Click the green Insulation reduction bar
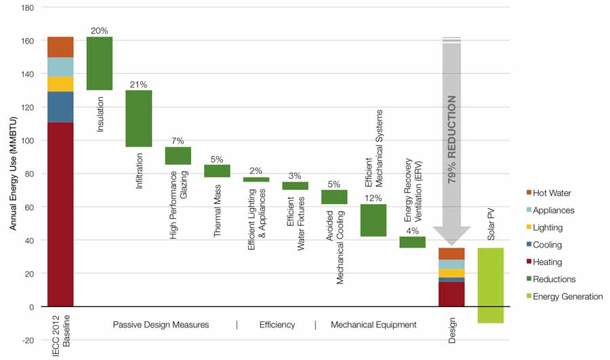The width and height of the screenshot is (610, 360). click(100, 63)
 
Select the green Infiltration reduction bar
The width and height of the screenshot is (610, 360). click(139, 118)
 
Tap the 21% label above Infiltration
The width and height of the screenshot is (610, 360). click(139, 85)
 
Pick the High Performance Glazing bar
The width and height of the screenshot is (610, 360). click(178, 155)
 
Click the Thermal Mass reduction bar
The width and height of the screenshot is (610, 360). click(217, 171)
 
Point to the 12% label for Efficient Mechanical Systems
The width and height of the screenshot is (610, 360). click(373, 198)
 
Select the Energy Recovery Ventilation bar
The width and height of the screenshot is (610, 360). click(412, 242)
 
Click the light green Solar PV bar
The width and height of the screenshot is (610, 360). click(490, 285)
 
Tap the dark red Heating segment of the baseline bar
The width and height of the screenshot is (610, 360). click(60, 214)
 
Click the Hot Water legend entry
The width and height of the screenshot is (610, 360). click(556, 194)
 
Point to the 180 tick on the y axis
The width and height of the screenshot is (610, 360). click(26, 7)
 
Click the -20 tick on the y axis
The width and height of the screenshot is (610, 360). click(26, 340)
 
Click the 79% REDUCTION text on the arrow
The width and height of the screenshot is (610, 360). click(452, 140)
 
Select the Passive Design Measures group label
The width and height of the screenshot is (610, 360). click(161, 325)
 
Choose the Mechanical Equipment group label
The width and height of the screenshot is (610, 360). click(373, 325)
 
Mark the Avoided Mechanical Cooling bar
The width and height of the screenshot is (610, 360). click(334, 197)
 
